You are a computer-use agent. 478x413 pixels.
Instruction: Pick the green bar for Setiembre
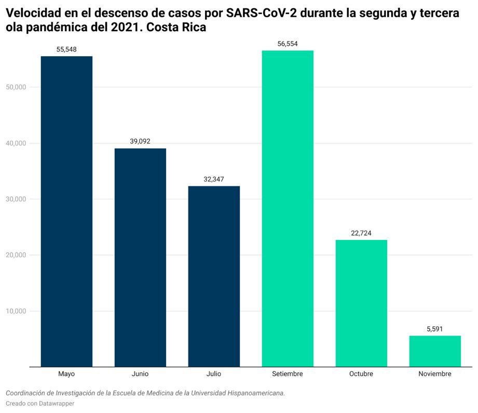pos(288,208)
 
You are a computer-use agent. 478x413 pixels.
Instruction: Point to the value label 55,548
pos(66,49)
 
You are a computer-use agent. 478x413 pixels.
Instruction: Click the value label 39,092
pos(140,141)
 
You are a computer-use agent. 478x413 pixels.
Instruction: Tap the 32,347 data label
pos(214,179)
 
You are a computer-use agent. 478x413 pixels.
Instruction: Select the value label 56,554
pos(288,44)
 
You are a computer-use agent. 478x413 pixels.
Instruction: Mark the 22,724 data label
pos(361,233)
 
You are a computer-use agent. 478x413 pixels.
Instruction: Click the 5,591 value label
pos(435,329)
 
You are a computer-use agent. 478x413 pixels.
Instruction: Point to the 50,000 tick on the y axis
pos(16,87)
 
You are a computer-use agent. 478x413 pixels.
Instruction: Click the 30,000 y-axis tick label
pos(16,199)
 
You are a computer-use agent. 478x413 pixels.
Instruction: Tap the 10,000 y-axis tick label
pos(16,311)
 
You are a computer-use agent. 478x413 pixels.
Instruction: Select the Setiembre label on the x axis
pos(288,374)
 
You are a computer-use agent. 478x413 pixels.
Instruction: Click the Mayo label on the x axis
pos(66,374)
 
